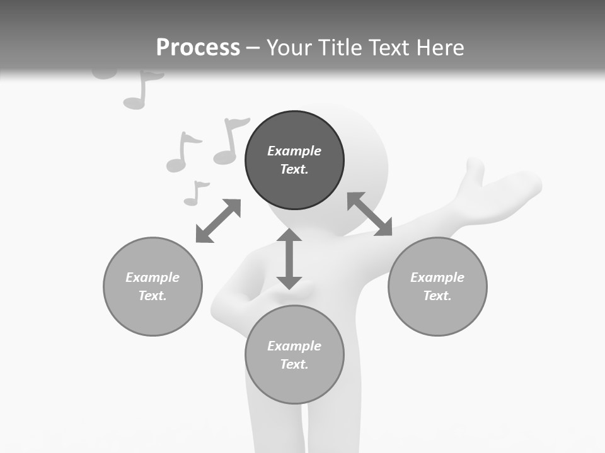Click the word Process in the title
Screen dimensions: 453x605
pos(198,48)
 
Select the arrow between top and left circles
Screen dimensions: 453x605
pos(218,221)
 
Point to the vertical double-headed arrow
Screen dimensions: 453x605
pos(289,259)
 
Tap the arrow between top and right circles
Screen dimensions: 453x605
pos(369,214)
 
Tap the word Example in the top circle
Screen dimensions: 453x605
pos(294,151)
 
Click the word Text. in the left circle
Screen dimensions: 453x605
pos(153,296)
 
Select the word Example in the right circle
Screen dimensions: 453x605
pos(437,277)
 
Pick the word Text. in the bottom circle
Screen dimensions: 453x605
pos(294,364)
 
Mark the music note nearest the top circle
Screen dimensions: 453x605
pos(229,141)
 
